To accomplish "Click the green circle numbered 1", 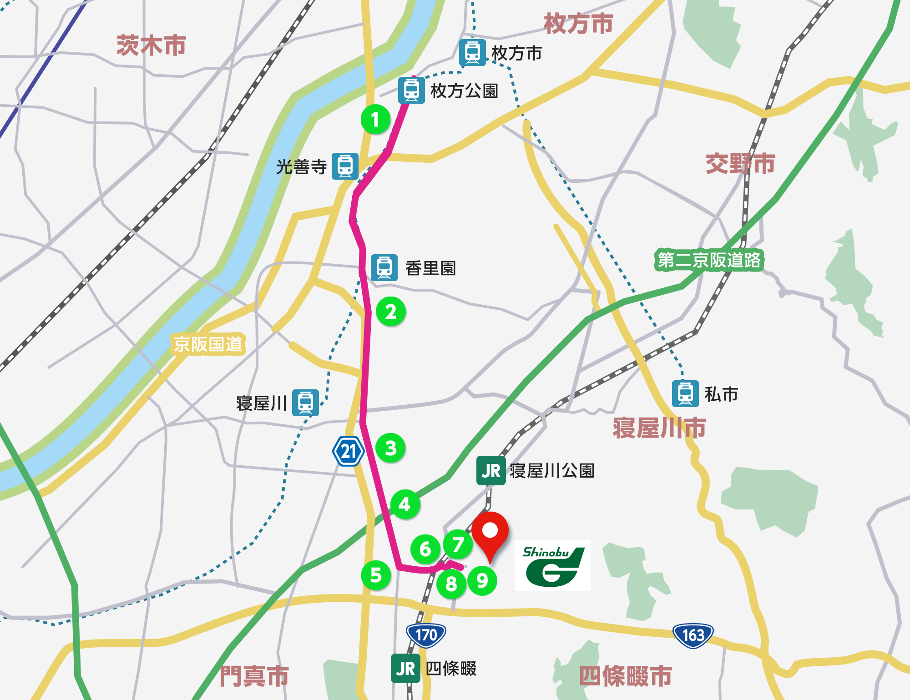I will (x=375, y=120).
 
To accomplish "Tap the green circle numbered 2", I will (x=391, y=312).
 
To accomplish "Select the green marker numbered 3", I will (x=391, y=448).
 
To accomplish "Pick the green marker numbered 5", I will (x=376, y=575).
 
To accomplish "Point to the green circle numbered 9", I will (x=482, y=580).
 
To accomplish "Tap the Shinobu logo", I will (x=552, y=565).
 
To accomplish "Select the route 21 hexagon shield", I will (x=349, y=451).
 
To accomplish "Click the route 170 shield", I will (x=426, y=635).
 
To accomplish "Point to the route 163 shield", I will (x=693, y=635).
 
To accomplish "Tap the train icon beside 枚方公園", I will (x=411, y=90).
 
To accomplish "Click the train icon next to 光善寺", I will (x=345, y=166).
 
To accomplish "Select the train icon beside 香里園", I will (x=384, y=267).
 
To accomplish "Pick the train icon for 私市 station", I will (x=685, y=393).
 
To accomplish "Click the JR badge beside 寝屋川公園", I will (x=491, y=471).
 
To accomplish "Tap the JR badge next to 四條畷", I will (x=405, y=669).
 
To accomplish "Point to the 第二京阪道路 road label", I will (x=709, y=260).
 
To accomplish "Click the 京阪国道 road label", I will (x=208, y=344).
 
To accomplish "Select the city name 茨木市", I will (x=151, y=45).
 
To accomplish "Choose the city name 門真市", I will (x=254, y=676).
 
